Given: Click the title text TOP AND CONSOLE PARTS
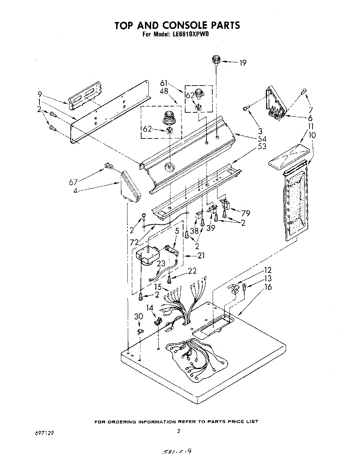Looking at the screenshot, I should tap(177, 25).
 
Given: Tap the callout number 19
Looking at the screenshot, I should tap(243, 63).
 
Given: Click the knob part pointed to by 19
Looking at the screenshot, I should tap(215, 60).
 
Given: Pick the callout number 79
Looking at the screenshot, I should tap(245, 213).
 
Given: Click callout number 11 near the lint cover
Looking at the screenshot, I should tap(310, 126).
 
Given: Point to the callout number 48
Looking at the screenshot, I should tap(164, 92).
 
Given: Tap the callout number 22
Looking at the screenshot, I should tap(192, 271).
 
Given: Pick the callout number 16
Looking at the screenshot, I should tap(268, 287).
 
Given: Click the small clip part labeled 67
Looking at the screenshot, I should tap(109, 166).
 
